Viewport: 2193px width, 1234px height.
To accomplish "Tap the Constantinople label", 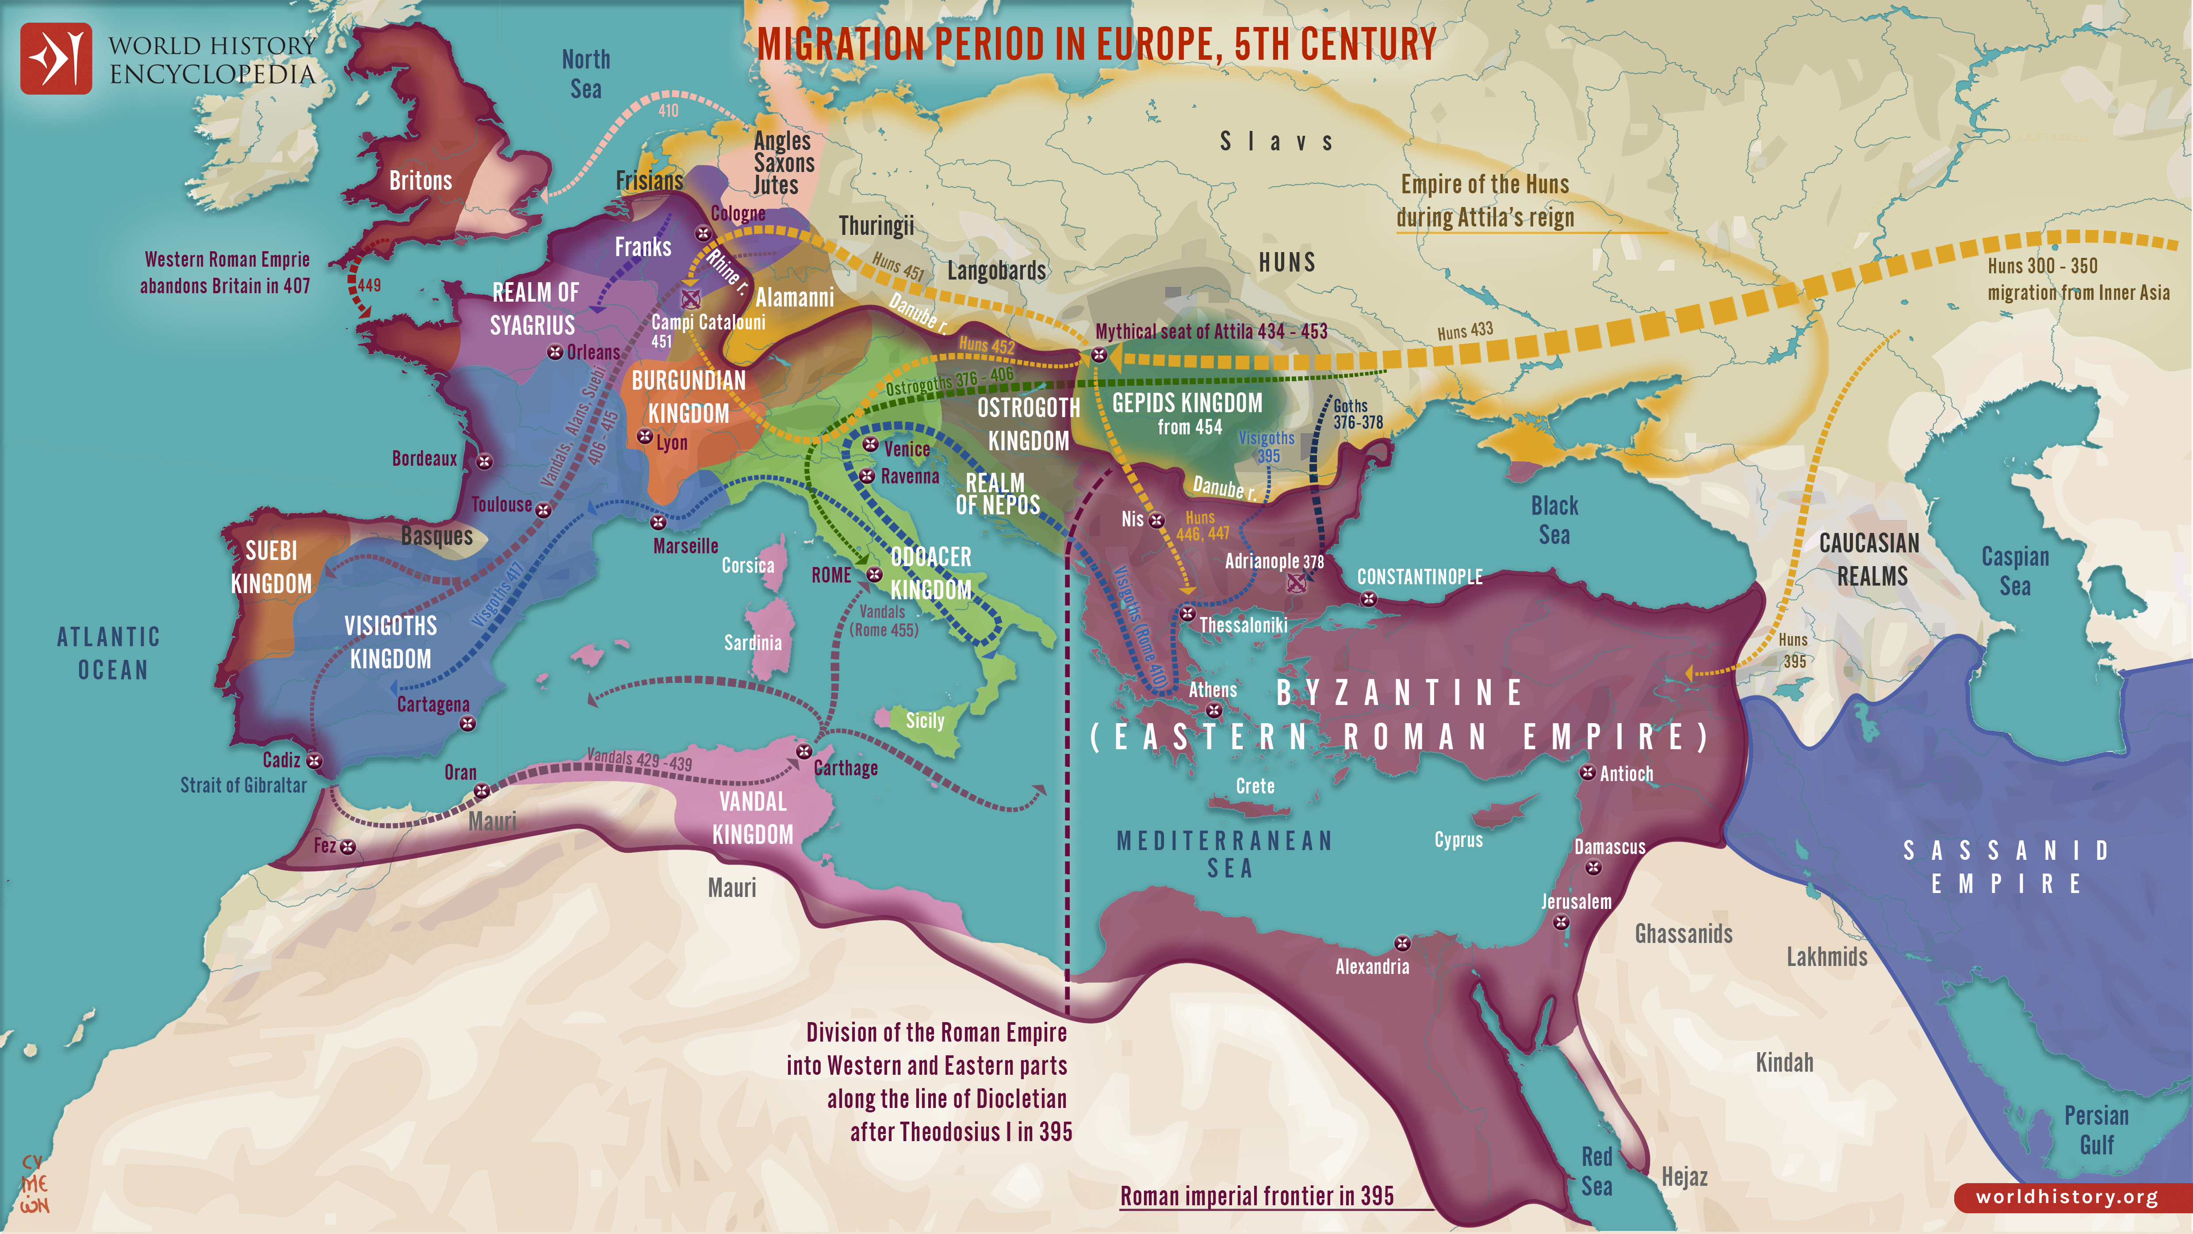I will pos(1419,577).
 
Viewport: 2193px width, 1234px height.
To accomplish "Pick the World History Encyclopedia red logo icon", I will pos(56,58).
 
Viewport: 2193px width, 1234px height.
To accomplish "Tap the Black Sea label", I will pos(1554,520).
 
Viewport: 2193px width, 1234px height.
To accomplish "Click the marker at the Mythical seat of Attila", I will pos(1099,354).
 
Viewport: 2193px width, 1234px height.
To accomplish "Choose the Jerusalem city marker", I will pos(1562,922).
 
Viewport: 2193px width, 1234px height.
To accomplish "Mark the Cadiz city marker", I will pos(314,760).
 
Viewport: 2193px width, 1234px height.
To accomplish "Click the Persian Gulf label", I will pos(2096,1130).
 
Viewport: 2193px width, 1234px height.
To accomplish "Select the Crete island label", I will pos(1255,786).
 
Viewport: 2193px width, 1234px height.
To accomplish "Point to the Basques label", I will pos(437,536).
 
